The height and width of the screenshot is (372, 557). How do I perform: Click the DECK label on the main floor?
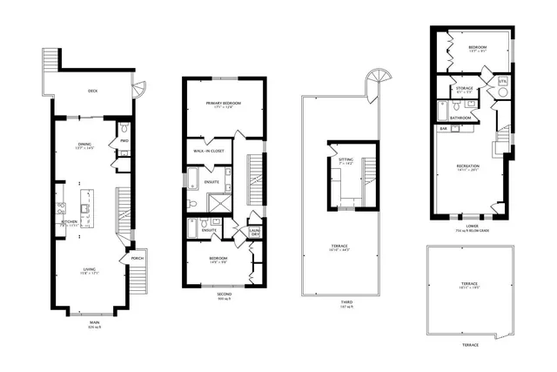91,91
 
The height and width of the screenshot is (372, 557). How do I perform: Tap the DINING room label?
85,145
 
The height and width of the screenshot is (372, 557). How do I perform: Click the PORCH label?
137,259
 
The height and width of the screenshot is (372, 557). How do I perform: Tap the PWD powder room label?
124,140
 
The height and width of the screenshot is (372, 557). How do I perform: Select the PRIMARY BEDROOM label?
224,104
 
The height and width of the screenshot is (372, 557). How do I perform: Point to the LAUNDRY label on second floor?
255,233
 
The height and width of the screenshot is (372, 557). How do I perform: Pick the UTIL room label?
502,83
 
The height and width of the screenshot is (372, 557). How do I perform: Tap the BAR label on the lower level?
443,128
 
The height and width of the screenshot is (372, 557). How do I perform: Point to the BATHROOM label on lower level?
461,117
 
